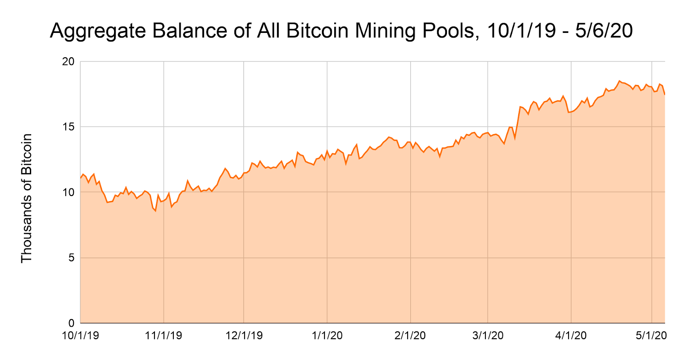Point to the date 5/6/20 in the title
(x=604, y=31)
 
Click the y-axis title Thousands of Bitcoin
(x=26, y=198)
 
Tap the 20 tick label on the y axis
(x=68, y=62)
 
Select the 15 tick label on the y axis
(x=68, y=127)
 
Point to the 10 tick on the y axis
(x=68, y=193)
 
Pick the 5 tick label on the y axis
(x=71, y=258)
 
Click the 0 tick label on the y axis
(x=71, y=323)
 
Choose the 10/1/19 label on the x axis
(x=80, y=336)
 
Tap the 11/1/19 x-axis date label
(x=163, y=336)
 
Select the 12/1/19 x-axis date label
(x=244, y=336)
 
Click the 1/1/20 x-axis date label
(x=327, y=336)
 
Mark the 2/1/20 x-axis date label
(x=410, y=336)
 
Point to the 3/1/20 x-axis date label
(x=488, y=336)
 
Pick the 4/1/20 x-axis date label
(x=571, y=336)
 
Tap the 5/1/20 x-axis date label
(x=651, y=336)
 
